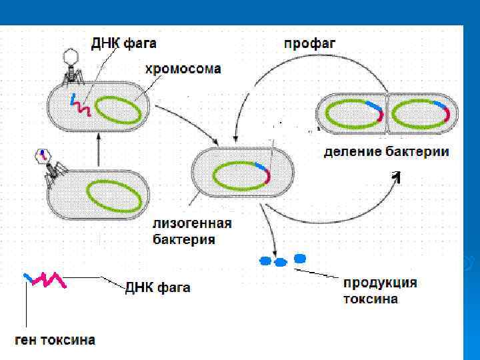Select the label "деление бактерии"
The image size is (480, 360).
386,152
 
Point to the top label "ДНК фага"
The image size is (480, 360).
124,44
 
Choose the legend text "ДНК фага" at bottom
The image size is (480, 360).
157,288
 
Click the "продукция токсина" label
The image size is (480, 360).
380,291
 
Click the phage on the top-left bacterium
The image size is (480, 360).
69,65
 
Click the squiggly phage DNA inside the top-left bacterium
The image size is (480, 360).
80,106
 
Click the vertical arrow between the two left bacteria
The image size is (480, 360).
99,149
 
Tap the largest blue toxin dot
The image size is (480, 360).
300,258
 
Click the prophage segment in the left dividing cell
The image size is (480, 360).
377,111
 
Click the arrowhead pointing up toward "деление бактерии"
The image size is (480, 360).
397,176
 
